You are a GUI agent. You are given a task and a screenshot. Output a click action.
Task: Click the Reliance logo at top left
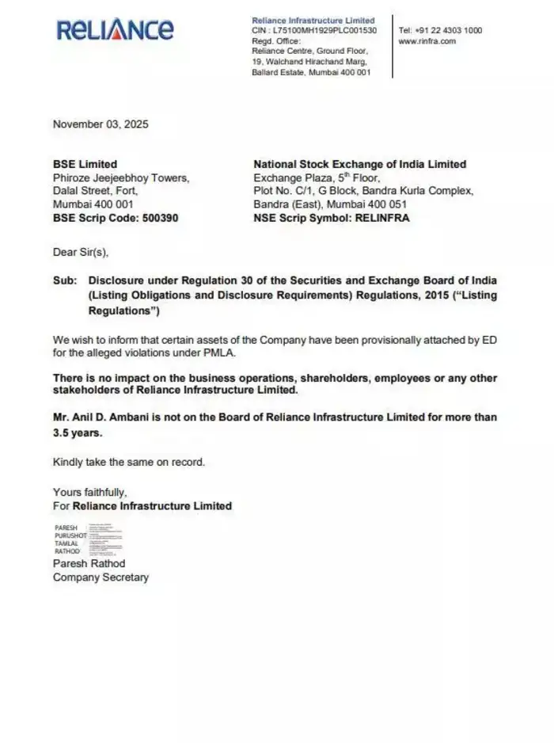tap(115, 30)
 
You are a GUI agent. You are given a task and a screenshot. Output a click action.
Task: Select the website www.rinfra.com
tap(427, 41)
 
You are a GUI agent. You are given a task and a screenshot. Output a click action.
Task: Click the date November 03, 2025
tap(100, 124)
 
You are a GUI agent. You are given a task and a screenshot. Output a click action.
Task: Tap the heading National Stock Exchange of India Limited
tap(359, 164)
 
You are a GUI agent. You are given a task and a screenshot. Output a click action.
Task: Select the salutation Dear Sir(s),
tap(80, 253)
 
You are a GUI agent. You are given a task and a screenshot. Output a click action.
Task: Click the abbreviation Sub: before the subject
tap(65, 280)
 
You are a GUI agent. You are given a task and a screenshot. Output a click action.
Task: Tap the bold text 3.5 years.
tap(78, 433)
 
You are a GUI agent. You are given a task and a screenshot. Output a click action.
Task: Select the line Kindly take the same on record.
tap(128, 462)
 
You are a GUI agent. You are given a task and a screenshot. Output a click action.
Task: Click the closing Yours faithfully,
tap(89, 492)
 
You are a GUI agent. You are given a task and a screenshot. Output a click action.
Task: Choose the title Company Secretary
tap(101, 577)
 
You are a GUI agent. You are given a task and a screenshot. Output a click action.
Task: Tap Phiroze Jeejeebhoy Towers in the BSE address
tap(120, 177)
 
